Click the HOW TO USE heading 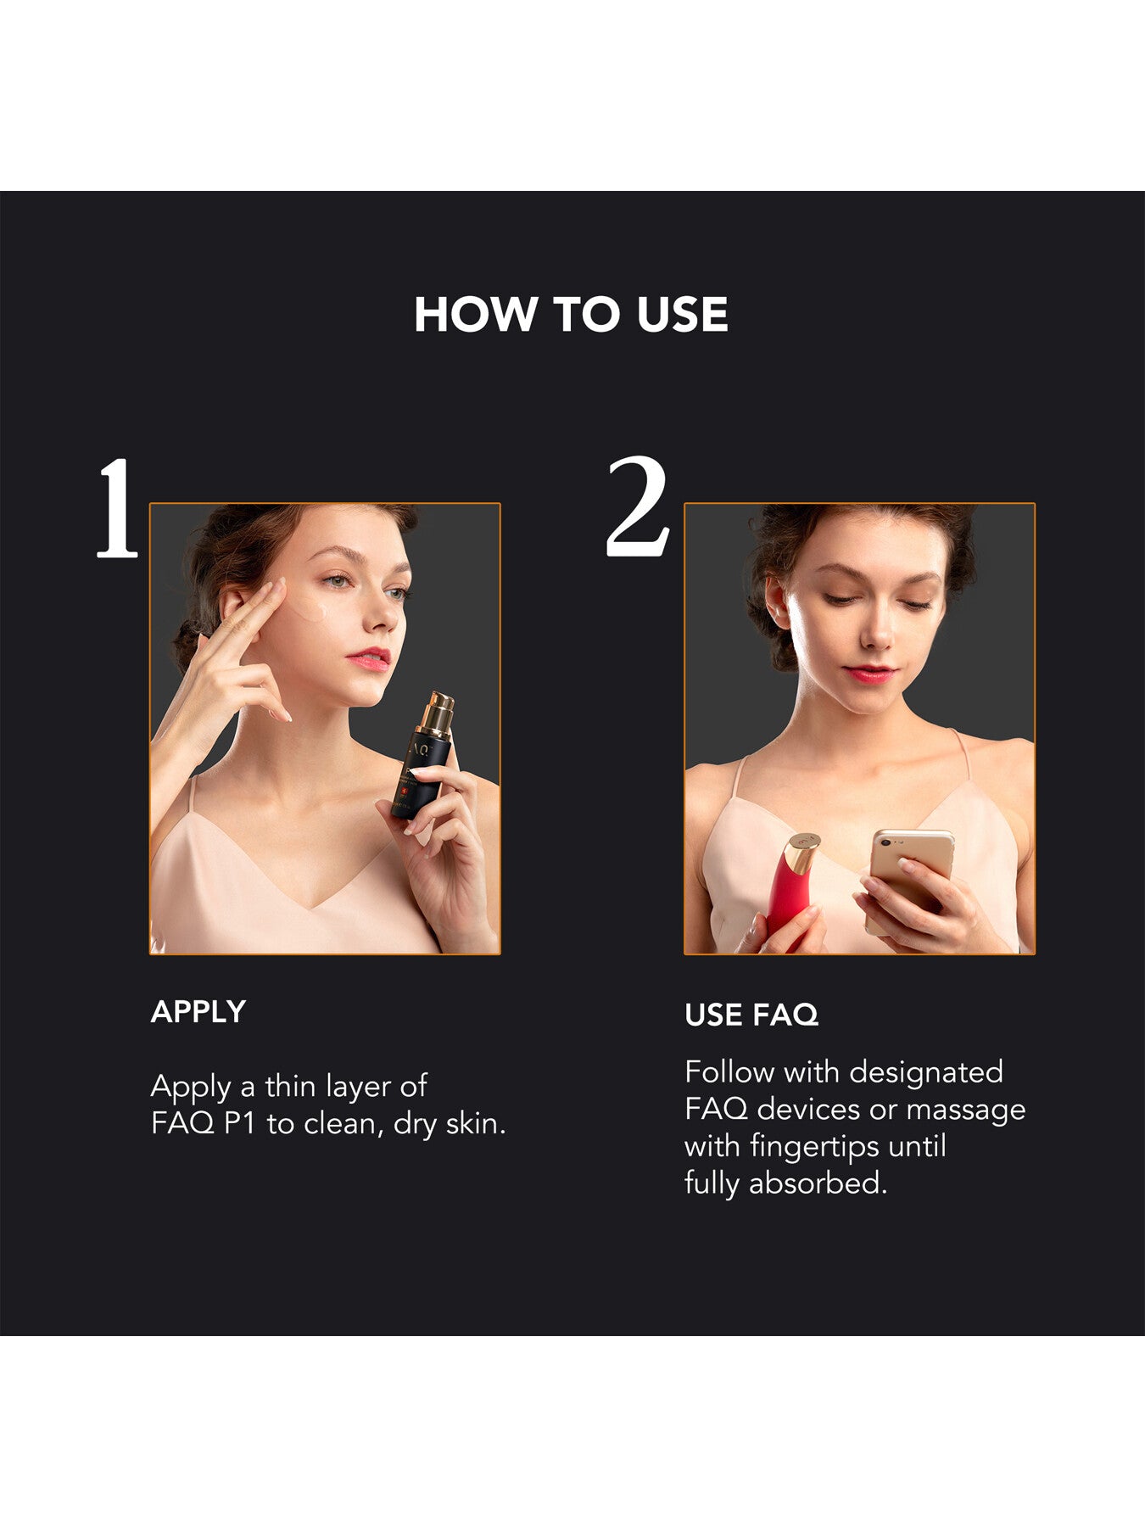click(571, 315)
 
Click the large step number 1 click(116, 509)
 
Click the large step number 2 click(638, 507)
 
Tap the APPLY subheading click(198, 1011)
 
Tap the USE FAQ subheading click(751, 1015)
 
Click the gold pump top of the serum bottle click(436, 713)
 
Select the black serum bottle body click(417, 776)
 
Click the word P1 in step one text click(240, 1123)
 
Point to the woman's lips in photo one click(370, 657)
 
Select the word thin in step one click(290, 1086)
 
